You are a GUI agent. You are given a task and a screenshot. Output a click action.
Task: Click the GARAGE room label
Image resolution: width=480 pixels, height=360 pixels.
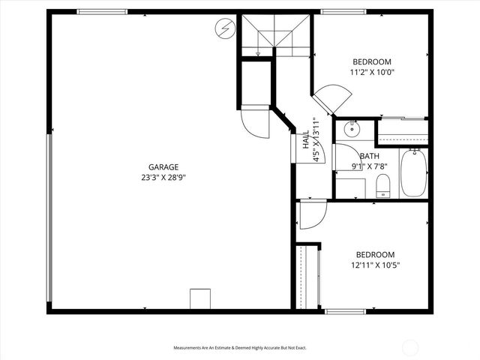[163, 167]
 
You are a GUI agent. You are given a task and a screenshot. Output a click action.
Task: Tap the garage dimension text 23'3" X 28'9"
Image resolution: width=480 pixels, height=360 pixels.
[163, 178]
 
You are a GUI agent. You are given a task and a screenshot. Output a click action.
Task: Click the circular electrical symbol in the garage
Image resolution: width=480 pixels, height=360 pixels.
[223, 29]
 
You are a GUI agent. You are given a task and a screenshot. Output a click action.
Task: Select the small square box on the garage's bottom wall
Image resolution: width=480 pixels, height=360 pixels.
[200, 298]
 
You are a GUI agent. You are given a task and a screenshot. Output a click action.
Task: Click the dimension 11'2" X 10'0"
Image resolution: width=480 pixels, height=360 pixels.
[371, 73]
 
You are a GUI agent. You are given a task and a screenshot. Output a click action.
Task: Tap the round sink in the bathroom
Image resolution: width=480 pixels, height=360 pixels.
[352, 130]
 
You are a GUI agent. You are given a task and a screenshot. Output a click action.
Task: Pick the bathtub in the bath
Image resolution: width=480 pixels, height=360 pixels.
[413, 173]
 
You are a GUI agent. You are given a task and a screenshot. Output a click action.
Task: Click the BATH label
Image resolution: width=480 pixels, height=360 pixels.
[369, 156]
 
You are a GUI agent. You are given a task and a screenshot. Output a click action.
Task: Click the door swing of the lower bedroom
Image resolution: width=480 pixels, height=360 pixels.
[310, 217]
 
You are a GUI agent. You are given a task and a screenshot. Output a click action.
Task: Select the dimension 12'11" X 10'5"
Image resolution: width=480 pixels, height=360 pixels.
[374, 265]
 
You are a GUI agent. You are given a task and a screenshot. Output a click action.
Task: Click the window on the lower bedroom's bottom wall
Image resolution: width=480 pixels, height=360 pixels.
[345, 311]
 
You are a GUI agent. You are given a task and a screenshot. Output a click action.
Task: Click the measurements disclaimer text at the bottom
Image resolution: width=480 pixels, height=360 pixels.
[240, 348]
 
